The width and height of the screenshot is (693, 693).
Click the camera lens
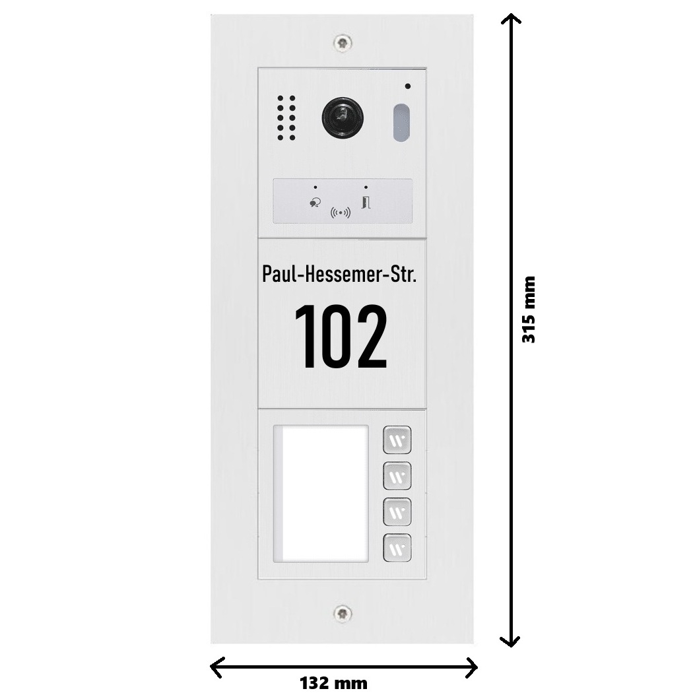click(x=343, y=118)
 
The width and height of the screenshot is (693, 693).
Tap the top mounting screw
click(x=343, y=43)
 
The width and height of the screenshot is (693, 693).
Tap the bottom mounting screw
click(x=343, y=613)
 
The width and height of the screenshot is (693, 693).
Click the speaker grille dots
click(x=286, y=118)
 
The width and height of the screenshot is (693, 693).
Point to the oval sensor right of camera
click(x=401, y=123)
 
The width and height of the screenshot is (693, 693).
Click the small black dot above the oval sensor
click(x=407, y=86)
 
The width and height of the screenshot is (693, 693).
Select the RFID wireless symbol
click(x=341, y=213)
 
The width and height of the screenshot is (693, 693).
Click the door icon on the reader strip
click(x=366, y=203)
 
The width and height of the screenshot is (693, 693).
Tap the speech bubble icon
click(x=315, y=203)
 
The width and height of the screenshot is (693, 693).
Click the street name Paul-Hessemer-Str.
click(x=339, y=274)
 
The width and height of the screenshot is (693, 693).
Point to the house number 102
click(x=341, y=336)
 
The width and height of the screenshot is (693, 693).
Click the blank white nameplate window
click(x=321, y=494)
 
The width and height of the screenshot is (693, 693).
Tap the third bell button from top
click(x=397, y=511)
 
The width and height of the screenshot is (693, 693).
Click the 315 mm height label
click(x=529, y=310)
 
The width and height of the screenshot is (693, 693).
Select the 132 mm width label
click(x=334, y=683)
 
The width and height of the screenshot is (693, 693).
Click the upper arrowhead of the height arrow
click(x=510, y=15)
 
